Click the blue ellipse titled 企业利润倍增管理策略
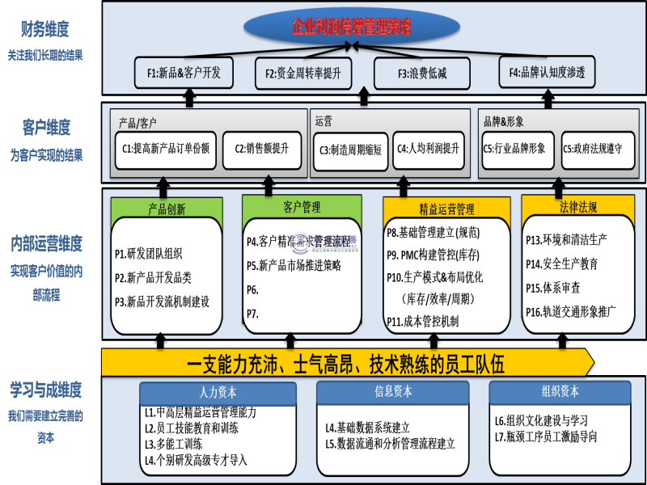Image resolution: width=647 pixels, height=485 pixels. tap(351, 27)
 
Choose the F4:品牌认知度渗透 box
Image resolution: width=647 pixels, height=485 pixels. tap(547, 73)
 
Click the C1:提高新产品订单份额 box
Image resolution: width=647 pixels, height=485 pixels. tap(165, 149)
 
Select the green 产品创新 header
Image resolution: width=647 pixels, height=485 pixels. tap(167, 209)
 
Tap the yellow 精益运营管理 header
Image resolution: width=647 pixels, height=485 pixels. tap(446, 209)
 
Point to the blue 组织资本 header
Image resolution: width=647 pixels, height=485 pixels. tap(559, 391)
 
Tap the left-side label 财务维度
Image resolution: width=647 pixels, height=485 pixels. tap(44, 32)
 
